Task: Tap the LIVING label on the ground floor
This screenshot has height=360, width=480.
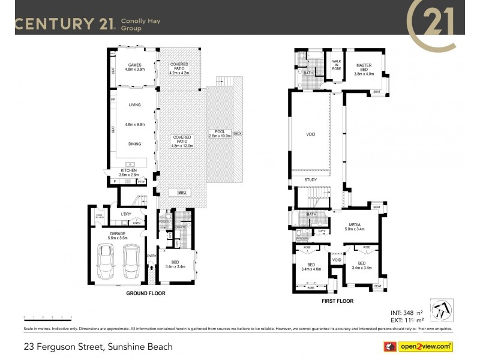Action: click(134, 105)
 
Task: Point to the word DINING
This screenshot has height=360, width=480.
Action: click(134, 144)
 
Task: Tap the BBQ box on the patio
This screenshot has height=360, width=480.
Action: click(182, 192)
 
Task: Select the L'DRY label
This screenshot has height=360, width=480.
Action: click(126, 214)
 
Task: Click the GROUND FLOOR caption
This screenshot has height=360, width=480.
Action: click(145, 294)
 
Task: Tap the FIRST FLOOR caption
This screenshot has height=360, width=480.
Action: click(338, 301)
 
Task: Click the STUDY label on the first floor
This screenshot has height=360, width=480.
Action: click(310, 179)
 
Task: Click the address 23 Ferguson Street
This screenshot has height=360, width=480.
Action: click(98, 346)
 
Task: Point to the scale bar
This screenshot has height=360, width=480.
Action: click(48, 317)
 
